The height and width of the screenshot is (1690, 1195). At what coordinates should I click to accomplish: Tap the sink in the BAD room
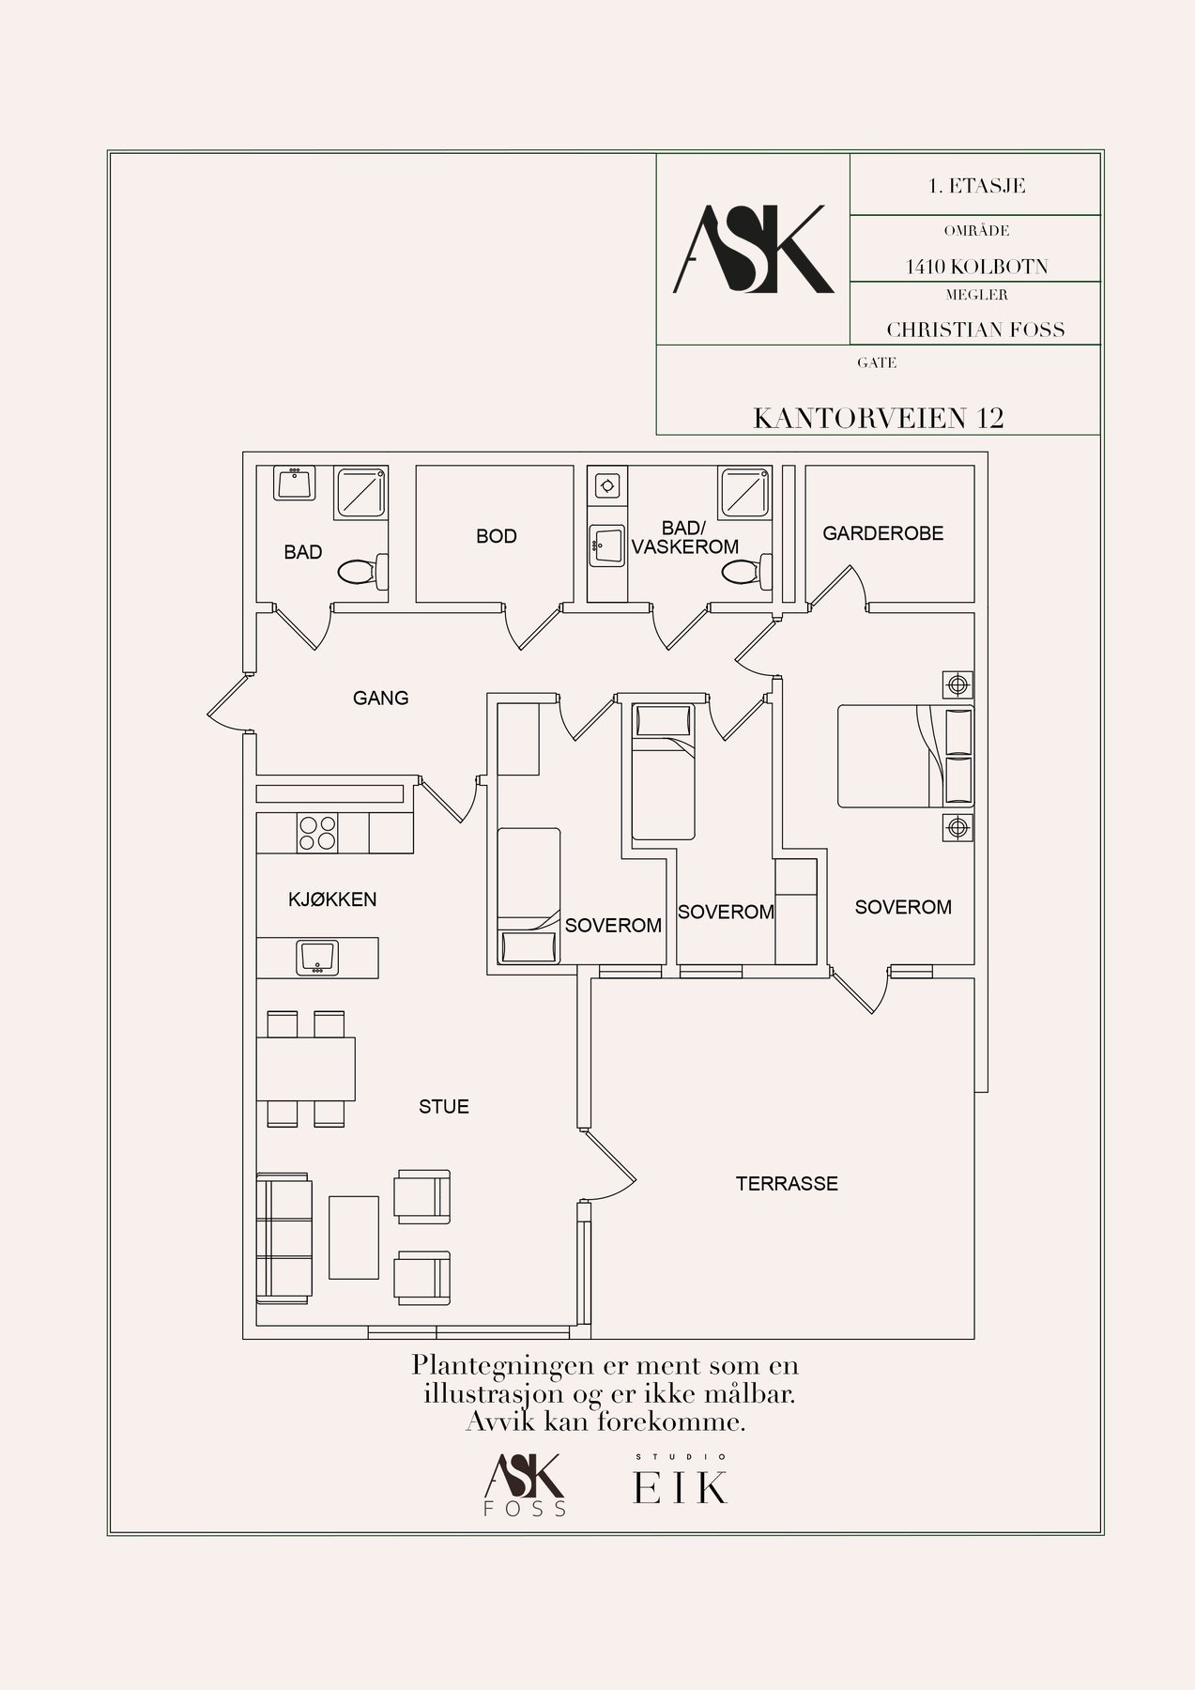[295, 484]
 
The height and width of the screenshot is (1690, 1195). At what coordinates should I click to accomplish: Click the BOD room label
[497, 536]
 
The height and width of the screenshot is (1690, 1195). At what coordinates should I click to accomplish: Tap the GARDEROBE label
[883, 533]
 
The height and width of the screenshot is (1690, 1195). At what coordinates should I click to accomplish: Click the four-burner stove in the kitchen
[317, 833]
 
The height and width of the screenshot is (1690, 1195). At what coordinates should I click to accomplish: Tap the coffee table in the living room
[354, 1237]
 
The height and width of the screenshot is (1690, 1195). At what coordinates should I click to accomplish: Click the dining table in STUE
[307, 1068]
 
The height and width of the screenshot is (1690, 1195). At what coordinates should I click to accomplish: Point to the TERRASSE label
[787, 1184]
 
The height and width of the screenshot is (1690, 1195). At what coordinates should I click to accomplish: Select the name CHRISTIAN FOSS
[975, 330]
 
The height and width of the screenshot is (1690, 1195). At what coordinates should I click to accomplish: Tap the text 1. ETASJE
[976, 186]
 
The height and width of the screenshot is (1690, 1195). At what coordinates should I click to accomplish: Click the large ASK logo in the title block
[754, 249]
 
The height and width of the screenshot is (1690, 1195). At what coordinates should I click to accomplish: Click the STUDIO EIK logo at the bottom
[681, 1482]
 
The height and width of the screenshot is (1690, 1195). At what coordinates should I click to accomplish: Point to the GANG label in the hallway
[381, 698]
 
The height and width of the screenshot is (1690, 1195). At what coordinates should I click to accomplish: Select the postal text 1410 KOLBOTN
[976, 267]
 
